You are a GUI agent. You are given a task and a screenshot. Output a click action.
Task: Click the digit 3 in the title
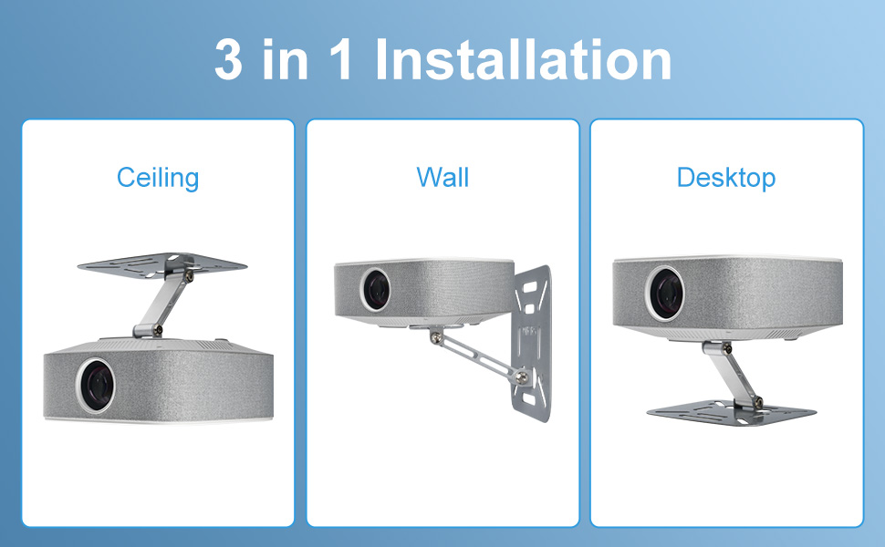tap(229, 60)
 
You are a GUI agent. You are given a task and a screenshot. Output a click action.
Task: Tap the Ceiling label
tap(158, 177)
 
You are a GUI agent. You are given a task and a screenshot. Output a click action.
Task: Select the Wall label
tap(442, 177)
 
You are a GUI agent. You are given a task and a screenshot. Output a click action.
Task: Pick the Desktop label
tap(726, 177)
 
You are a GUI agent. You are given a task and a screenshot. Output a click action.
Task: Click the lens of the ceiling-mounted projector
tap(95, 383)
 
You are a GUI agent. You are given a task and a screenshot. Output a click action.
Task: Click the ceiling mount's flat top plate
tap(162, 263)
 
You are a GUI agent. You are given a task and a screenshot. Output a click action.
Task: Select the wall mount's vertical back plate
tap(533, 337)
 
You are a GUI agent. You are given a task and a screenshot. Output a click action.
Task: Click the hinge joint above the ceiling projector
tap(143, 329)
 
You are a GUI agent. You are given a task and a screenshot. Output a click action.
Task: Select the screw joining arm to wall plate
tap(518, 373)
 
